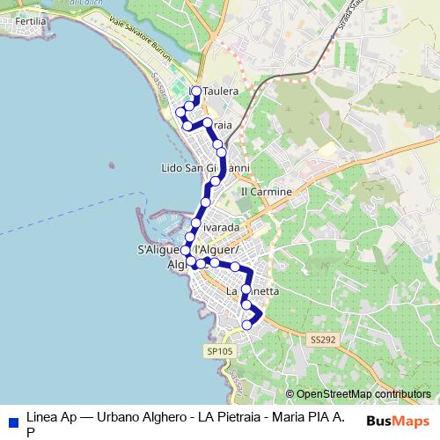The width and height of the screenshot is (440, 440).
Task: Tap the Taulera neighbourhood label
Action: coord(222,91)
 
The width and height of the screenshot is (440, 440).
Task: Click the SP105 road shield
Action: coord(219,351)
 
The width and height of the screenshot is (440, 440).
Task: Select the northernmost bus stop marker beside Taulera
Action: coord(195,91)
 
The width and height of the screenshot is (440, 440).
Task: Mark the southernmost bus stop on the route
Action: coord(246,325)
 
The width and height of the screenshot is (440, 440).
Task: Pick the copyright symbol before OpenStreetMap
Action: coord(290,394)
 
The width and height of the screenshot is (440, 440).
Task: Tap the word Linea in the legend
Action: coord(42,416)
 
